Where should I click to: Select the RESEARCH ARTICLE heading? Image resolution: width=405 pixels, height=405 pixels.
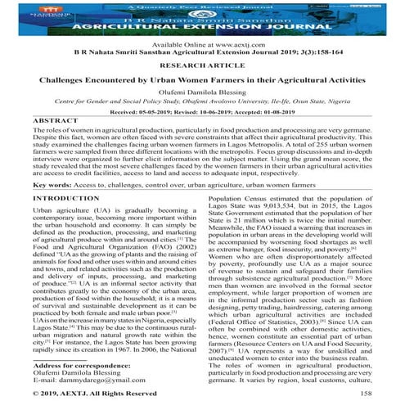point(202,67)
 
